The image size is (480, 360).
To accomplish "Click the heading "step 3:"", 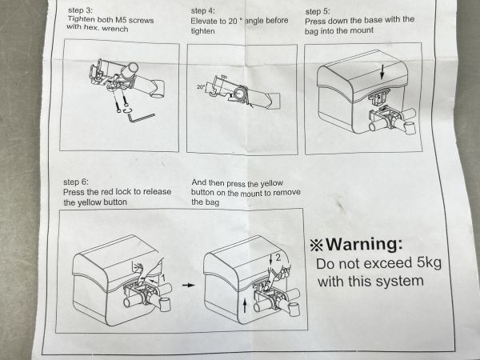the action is tap(80, 10).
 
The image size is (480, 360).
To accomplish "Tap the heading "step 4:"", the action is tap(203, 10).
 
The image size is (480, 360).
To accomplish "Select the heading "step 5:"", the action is tap(318, 12).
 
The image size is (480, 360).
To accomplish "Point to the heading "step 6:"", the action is tap(76, 182).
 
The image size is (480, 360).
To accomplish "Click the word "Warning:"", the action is tap(364, 244).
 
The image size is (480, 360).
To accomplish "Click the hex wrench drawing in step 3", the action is tap(141, 118).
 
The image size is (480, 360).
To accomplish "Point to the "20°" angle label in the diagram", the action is tap(201, 87).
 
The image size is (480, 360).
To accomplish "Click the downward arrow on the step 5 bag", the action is tap(382, 72).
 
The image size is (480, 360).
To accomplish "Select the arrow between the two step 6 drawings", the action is tap(189, 285).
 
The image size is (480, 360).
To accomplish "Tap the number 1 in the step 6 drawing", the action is tap(163, 278).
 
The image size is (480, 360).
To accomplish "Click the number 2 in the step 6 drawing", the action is tap(278, 258).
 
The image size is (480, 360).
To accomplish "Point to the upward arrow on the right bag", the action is tap(245, 306).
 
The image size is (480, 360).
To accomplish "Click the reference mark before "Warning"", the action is tap(316, 245).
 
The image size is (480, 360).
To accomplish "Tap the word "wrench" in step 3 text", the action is tap(115, 29).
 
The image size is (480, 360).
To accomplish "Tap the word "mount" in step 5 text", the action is tap(361, 30).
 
